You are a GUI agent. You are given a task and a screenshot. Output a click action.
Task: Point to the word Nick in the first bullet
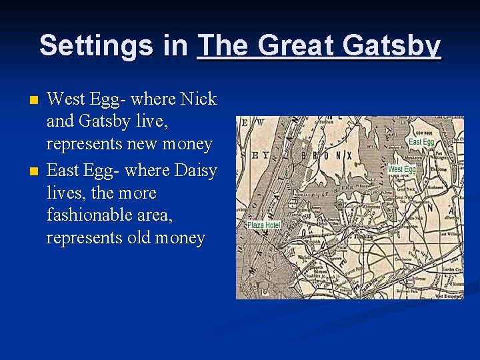[x=200, y=99]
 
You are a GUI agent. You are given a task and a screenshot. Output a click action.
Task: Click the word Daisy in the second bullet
[x=195, y=171]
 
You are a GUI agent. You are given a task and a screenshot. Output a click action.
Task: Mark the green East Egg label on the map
[x=421, y=142]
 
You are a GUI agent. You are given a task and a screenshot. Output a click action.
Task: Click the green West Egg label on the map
[x=401, y=169]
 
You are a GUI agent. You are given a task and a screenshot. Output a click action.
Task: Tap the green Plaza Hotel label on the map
[x=263, y=225]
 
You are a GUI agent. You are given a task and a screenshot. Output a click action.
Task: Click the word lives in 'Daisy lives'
[x=68, y=193]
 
